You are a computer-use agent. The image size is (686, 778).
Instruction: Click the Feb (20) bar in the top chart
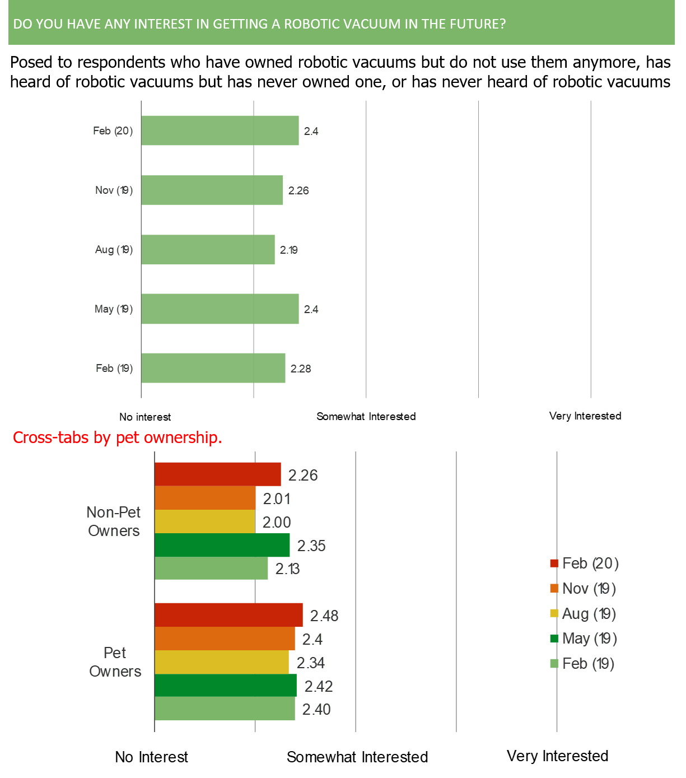(x=220, y=131)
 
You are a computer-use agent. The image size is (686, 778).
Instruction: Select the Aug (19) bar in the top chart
(x=208, y=249)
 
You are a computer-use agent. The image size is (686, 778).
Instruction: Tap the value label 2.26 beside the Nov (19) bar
(x=298, y=190)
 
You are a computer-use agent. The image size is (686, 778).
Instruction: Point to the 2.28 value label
(x=301, y=369)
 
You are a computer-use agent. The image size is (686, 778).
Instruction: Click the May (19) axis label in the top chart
(x=114, y=309)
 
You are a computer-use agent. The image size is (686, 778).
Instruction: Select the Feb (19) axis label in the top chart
(x=114, y=369)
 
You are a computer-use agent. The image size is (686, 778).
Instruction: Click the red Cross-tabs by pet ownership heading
(x=118, y=437)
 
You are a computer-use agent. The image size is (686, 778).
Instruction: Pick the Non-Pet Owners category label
(x=114, y=521)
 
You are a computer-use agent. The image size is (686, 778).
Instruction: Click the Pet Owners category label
(x=115, y=662)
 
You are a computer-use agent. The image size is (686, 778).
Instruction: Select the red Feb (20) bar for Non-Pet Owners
(x=218, y=474)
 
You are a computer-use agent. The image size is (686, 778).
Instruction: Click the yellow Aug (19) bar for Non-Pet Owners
(x=205, y=521)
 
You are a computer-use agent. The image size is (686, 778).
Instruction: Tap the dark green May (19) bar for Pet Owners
(x=226, y=686)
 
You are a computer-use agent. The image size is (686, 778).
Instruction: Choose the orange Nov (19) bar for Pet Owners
(x=225, y=639)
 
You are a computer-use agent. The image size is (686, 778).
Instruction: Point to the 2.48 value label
(x=324, y=616)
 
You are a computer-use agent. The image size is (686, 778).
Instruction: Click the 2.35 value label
(x=311, y=546)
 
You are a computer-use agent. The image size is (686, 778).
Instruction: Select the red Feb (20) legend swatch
(x=554, y=563)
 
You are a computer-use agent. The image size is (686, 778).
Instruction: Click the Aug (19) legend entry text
(x=589, y=614)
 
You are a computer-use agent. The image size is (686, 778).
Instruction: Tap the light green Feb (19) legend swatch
(x=554, y=664)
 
